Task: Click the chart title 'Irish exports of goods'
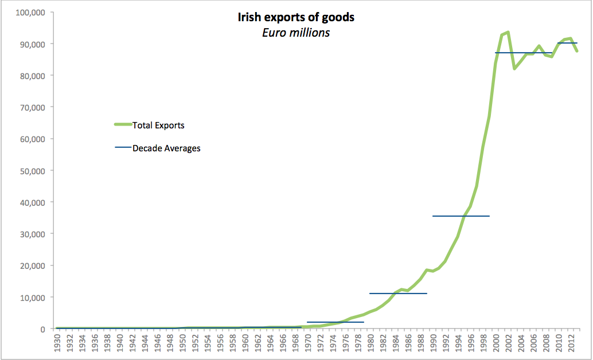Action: (x=296, y=17)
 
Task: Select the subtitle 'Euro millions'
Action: (x=296, y=32)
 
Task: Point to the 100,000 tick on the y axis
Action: (x=29, y=12)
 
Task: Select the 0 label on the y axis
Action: (x=42, y=329)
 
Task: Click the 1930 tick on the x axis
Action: (x=57, y=343)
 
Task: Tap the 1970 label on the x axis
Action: (x=307, y=343)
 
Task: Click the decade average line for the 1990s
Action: (x=461, y=216)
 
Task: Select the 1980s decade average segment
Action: (x=398, y=294)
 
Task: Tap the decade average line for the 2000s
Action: (x=524, y=53)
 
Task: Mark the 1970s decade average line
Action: (x=335, y=322)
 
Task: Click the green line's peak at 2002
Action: (x=508, y=32)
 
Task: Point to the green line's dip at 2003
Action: (x=514, y=69)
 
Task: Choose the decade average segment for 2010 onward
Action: (x=567, y=43)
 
